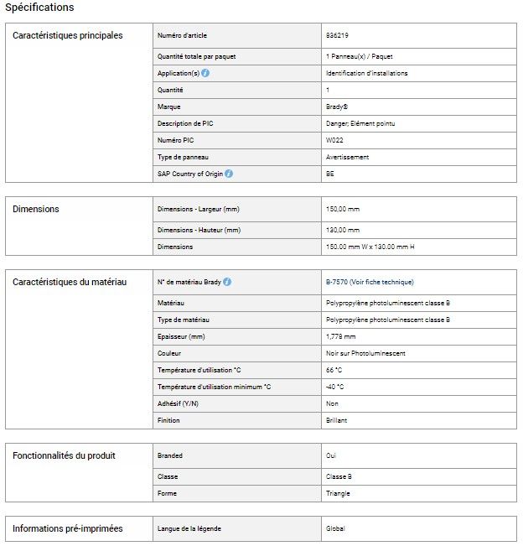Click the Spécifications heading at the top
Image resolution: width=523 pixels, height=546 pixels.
(x=39, y=8)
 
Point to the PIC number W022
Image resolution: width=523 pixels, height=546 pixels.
(x=334, y=140)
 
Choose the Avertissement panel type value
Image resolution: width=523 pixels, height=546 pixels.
(x=347, y=157)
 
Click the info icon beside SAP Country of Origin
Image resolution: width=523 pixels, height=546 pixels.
(x=229, y=174)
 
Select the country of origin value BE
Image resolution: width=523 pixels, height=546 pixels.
(x=329, y=174)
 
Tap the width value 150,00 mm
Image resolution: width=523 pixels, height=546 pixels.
(x=342, y=209)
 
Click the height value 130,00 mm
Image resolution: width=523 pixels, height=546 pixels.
(x=342, y=230)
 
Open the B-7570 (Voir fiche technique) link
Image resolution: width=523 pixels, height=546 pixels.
(x=369, y=282)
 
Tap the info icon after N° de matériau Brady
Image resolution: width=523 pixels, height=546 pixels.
(x=227, y=282)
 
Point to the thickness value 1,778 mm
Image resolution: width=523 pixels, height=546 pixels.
(x=340, y=336)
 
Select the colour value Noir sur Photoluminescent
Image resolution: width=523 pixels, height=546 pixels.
(x=365, y=353)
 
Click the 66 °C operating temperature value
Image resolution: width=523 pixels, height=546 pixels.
(x=334, y=370)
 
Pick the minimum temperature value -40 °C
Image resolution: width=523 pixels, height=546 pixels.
(x=334, y=387)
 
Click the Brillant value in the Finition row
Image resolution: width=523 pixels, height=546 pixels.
(x=336, y=420)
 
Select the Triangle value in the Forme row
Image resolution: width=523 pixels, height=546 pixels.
(x=338, y=493)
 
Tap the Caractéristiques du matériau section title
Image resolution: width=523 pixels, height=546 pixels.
(x=70, y=282)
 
